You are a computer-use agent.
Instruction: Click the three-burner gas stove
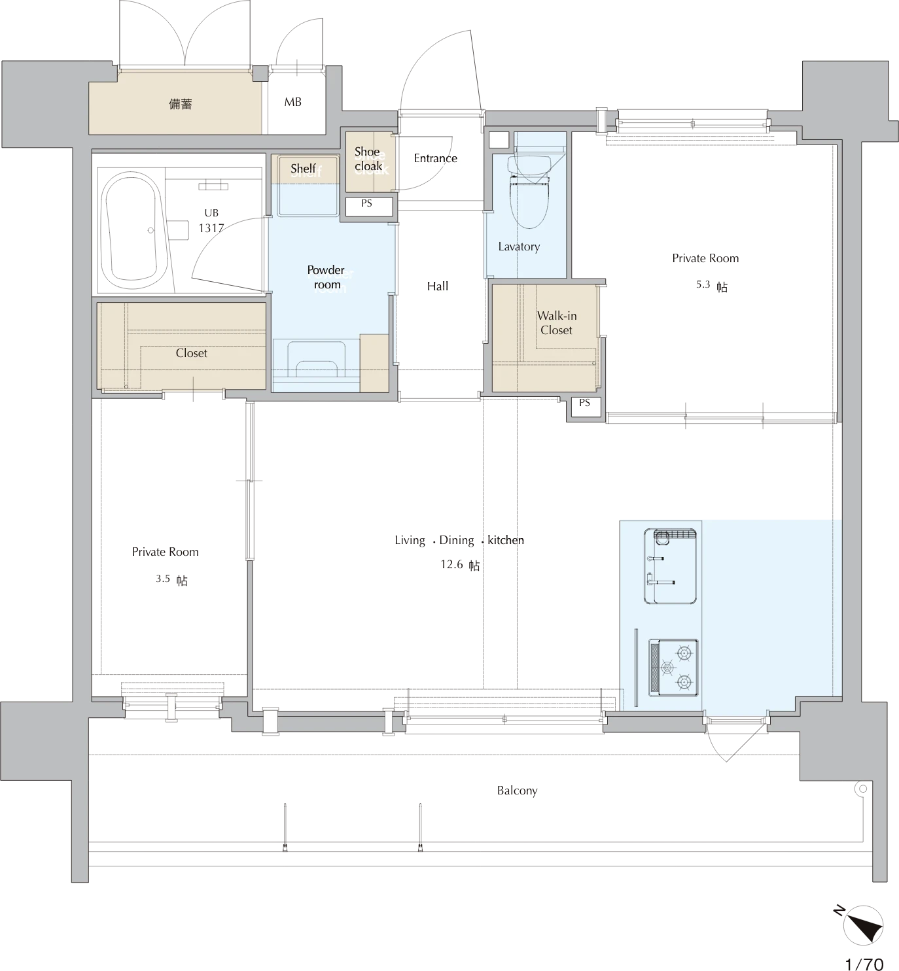click(x=673, y=668)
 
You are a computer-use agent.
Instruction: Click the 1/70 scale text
click(x=864, y=962)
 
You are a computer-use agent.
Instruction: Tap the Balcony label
click(x=517, y=791)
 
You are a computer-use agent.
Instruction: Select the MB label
click(x=292, y=102)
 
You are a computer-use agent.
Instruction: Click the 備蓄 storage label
click(x=180, y=104)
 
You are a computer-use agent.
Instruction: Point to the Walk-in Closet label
click(x=556, y=323)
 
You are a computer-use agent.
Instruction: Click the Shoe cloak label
click(x=368, y=159)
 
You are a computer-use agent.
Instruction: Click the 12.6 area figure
click(x=451, y=564)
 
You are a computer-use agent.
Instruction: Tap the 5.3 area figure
click(x=703, y=284)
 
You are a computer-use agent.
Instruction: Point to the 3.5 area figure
click(x=162, y=579)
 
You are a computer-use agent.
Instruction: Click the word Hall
click(x=438, y=286)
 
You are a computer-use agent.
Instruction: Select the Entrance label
click(x=435, y=158)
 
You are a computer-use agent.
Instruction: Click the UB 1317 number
click(x=211, y=228)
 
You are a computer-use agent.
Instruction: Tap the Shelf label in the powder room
click(x=303, y=168)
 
